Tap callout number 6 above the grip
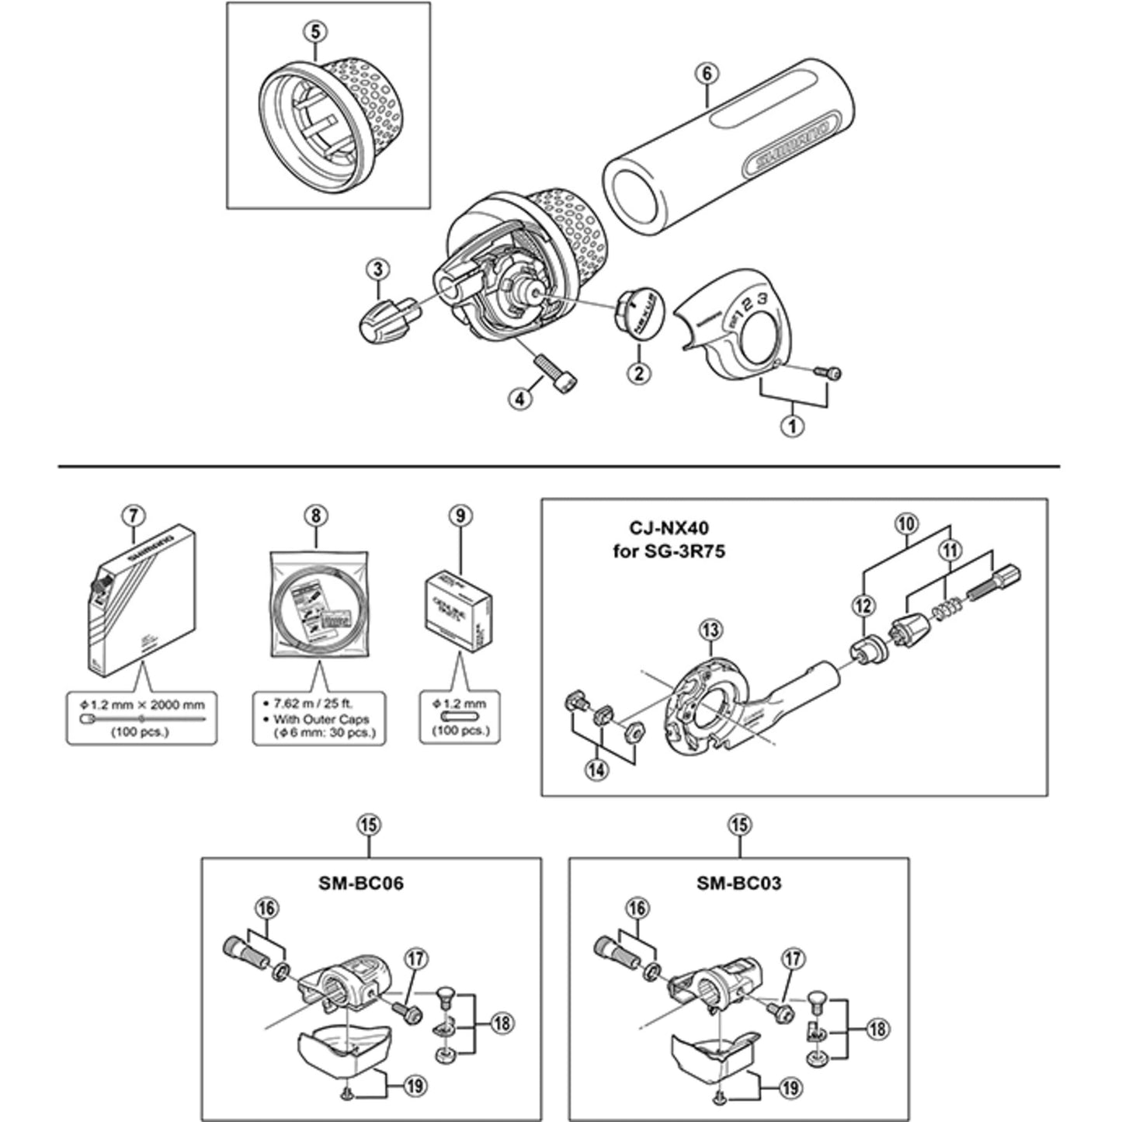tap(707, 74)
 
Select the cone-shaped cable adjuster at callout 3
tap(385, 321)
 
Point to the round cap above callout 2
tap(639, 314)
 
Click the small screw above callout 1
tap(828, 373)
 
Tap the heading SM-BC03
tap(738, 883)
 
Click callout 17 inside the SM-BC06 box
tap(415, 960)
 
